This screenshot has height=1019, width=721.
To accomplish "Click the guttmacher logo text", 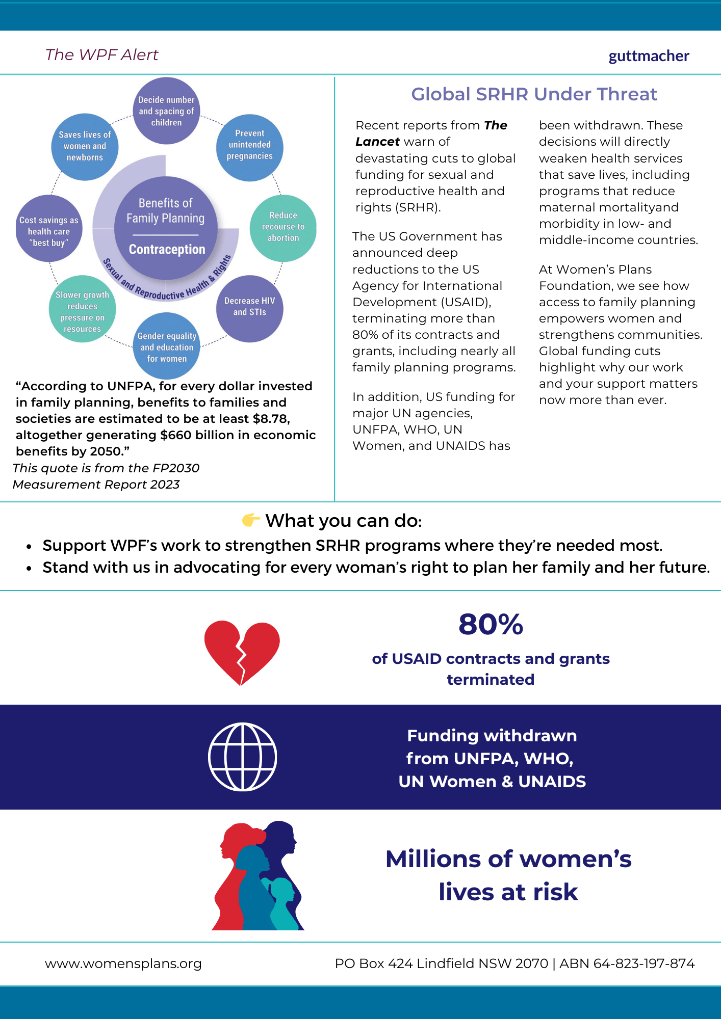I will tap(649, 56).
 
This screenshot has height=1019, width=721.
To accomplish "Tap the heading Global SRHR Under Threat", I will tap(534, 94).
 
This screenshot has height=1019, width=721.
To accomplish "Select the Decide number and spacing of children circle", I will tap(166, 111).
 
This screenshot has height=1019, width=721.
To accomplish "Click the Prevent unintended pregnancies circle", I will tap(250, 147).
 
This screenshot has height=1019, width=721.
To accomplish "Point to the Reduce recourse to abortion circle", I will tap(283, 228).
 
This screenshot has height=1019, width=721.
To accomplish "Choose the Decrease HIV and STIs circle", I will tap(250, 308).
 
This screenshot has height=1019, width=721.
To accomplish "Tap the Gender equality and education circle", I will tap(167, 346).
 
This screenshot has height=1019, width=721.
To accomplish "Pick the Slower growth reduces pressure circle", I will tap(83, 309).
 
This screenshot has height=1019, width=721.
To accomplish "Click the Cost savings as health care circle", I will tap(49, 229).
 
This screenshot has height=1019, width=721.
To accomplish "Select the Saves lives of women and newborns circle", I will tap(85, 147).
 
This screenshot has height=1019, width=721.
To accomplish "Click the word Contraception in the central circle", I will tap(167, 250).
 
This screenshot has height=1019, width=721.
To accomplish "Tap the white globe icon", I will tap(243, 757).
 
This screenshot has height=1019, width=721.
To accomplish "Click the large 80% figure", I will tap(491, 625).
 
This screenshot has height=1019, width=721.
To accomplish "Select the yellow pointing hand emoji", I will tap(251, 520).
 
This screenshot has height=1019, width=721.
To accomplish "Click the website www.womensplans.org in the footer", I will tap(123, 963).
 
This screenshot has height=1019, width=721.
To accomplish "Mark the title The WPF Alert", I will tap(102, 55).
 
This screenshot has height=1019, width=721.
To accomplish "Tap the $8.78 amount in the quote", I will tap(271, 419).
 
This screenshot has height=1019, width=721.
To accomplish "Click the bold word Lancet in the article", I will tap(377, 142).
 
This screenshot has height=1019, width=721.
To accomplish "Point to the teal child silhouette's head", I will tap(282, 888).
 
